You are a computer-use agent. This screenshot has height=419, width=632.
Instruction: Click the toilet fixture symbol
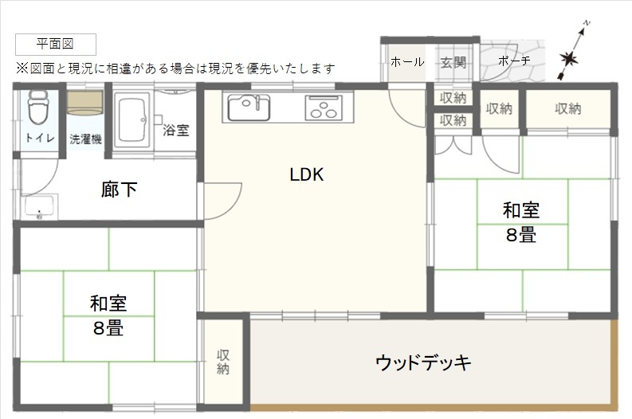38,107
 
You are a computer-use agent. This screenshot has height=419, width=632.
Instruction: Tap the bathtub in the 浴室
132,119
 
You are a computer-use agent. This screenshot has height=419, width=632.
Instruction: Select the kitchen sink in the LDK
249,108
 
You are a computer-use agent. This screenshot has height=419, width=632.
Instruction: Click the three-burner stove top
324,108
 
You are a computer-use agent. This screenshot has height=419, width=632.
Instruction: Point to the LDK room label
307,174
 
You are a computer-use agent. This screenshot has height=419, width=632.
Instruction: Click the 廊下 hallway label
119,190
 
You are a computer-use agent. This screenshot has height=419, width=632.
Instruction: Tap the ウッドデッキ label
423,362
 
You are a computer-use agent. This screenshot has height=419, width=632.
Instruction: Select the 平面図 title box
56,45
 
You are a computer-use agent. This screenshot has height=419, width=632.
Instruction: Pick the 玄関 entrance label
453,62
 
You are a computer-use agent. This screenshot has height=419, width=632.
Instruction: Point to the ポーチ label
514,61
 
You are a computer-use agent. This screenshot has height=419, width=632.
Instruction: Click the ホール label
407,62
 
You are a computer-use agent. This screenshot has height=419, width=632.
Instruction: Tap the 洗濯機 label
85,139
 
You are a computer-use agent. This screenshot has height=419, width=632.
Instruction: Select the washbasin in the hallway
40,206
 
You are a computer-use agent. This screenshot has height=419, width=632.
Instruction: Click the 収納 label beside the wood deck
223,362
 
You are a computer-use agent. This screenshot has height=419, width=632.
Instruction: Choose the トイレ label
40,138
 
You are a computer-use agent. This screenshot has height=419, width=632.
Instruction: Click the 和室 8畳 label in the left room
108,315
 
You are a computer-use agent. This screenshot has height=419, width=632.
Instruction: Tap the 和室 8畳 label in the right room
521,222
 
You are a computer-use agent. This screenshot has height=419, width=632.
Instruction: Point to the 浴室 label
176,130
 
